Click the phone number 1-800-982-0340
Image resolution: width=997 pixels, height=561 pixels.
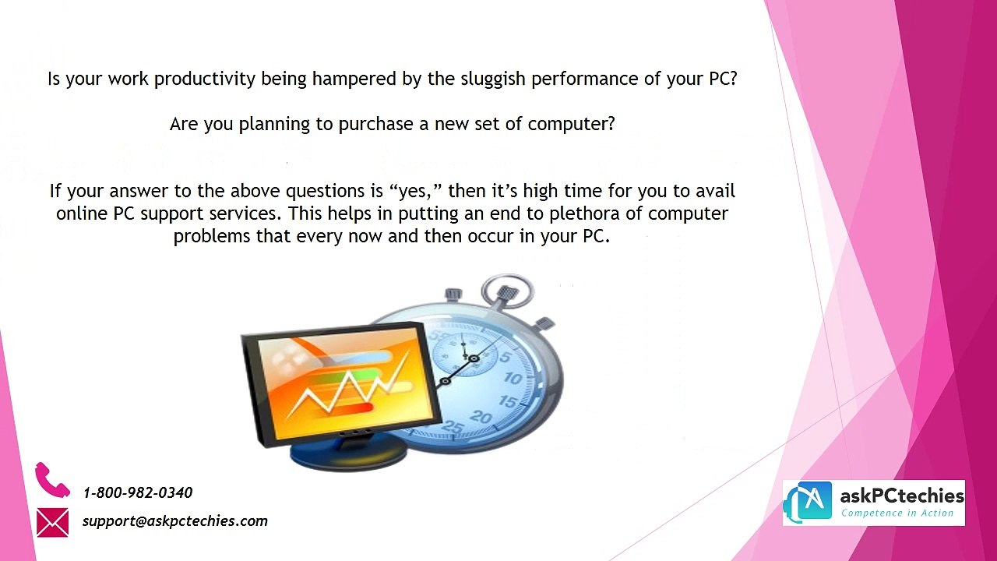138,492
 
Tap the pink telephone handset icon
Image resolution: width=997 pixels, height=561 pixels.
52,479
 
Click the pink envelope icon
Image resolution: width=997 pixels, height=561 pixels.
52,522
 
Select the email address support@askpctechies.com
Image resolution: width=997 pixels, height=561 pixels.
175,521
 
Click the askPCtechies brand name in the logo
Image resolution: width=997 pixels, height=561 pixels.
902,495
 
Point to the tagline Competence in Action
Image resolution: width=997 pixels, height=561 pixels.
897,513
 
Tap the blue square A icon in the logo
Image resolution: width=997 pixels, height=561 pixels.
816,500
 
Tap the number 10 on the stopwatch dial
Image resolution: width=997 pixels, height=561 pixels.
513,379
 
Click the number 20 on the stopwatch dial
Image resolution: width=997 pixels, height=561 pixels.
481,417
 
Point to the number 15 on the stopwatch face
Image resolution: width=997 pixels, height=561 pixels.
507,401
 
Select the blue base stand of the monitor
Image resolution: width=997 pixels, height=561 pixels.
348,450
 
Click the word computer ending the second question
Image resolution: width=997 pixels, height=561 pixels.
572,124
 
